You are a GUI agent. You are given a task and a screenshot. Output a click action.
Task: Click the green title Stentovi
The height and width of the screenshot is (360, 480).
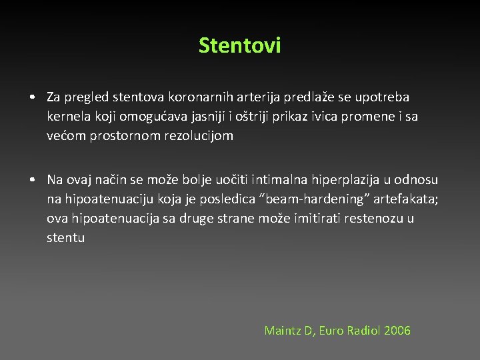[x=240, y=45]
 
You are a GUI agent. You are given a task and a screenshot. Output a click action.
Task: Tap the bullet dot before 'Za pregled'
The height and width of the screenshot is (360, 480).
[x=33, y=98]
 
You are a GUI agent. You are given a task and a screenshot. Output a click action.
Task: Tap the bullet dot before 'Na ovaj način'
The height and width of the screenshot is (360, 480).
[x=33, y=180]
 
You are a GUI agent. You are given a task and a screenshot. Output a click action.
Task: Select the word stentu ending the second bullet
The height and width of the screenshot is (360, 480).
[x=66, y=237]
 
